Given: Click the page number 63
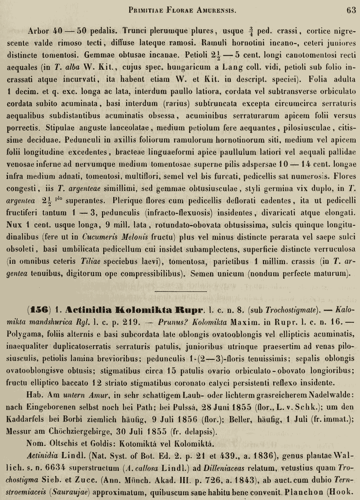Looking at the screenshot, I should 351,10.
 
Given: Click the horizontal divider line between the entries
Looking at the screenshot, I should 180,291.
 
